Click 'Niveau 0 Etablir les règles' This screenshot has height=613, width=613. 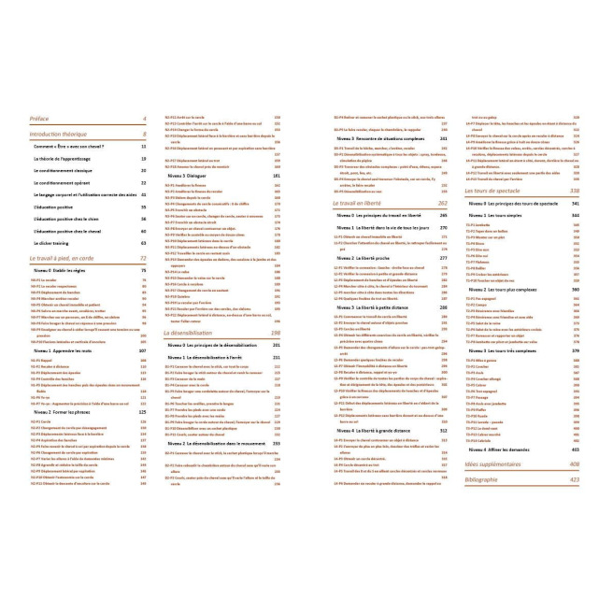[x=66, y=270]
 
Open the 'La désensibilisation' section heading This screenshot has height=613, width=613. [x=195, y=332]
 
